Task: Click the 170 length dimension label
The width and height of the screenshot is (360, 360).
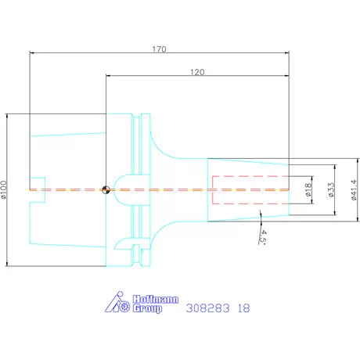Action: [159, 49]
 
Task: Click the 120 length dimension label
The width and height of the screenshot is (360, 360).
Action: [197, 72]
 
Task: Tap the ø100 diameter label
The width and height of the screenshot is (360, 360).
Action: [4, 189]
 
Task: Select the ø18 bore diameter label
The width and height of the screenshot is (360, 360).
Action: [308, 189]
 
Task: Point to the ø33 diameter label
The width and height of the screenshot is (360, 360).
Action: [331, 189]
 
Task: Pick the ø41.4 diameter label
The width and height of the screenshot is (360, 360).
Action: [354, 189]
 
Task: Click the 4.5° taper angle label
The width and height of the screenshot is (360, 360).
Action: [262, 237]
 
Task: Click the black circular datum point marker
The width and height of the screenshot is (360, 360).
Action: [106, 190]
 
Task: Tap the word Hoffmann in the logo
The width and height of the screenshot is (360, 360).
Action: [156, 299]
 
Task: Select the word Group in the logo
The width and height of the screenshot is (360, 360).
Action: [147, 308]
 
